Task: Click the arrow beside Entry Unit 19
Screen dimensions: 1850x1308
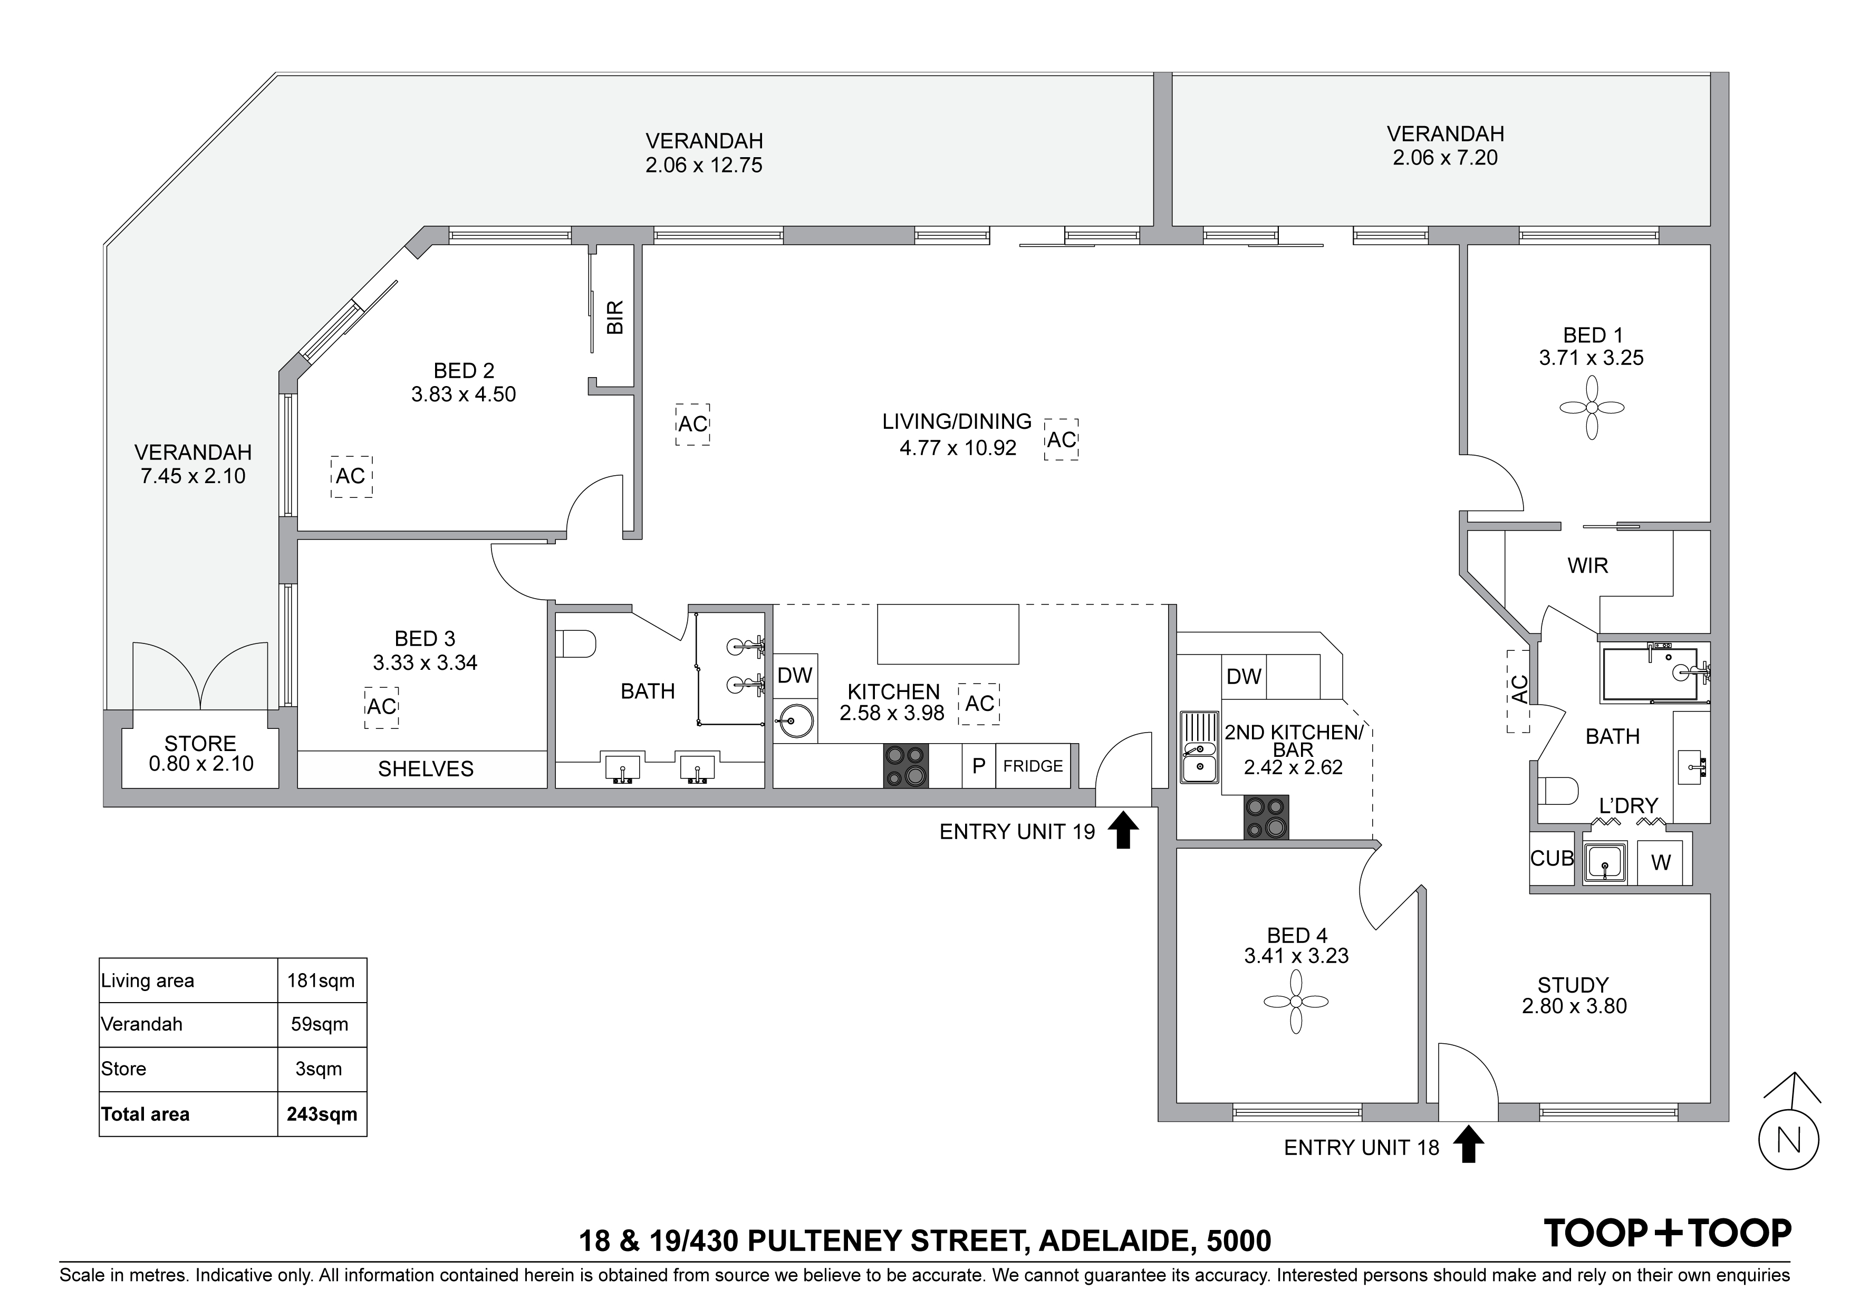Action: [1123, 830]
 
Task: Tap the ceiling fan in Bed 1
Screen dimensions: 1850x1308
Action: [1592, 408]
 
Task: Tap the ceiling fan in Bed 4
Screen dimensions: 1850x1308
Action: [1296, 1002]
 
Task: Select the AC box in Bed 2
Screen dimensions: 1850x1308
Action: [351, 476]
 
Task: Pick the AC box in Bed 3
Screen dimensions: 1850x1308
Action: [382, 707]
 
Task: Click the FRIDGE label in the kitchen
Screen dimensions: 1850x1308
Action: [1033, 766]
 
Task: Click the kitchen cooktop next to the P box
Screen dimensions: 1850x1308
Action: [905, 766]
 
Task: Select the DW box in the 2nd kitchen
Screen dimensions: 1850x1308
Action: [1244, 676]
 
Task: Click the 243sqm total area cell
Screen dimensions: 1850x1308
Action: [322, 1114]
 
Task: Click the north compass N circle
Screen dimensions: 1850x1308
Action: [1789, 1140]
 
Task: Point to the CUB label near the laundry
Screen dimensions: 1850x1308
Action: [1552, 858]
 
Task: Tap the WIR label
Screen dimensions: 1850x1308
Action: [1587, 566]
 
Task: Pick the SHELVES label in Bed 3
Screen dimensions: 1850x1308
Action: [426, 769]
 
